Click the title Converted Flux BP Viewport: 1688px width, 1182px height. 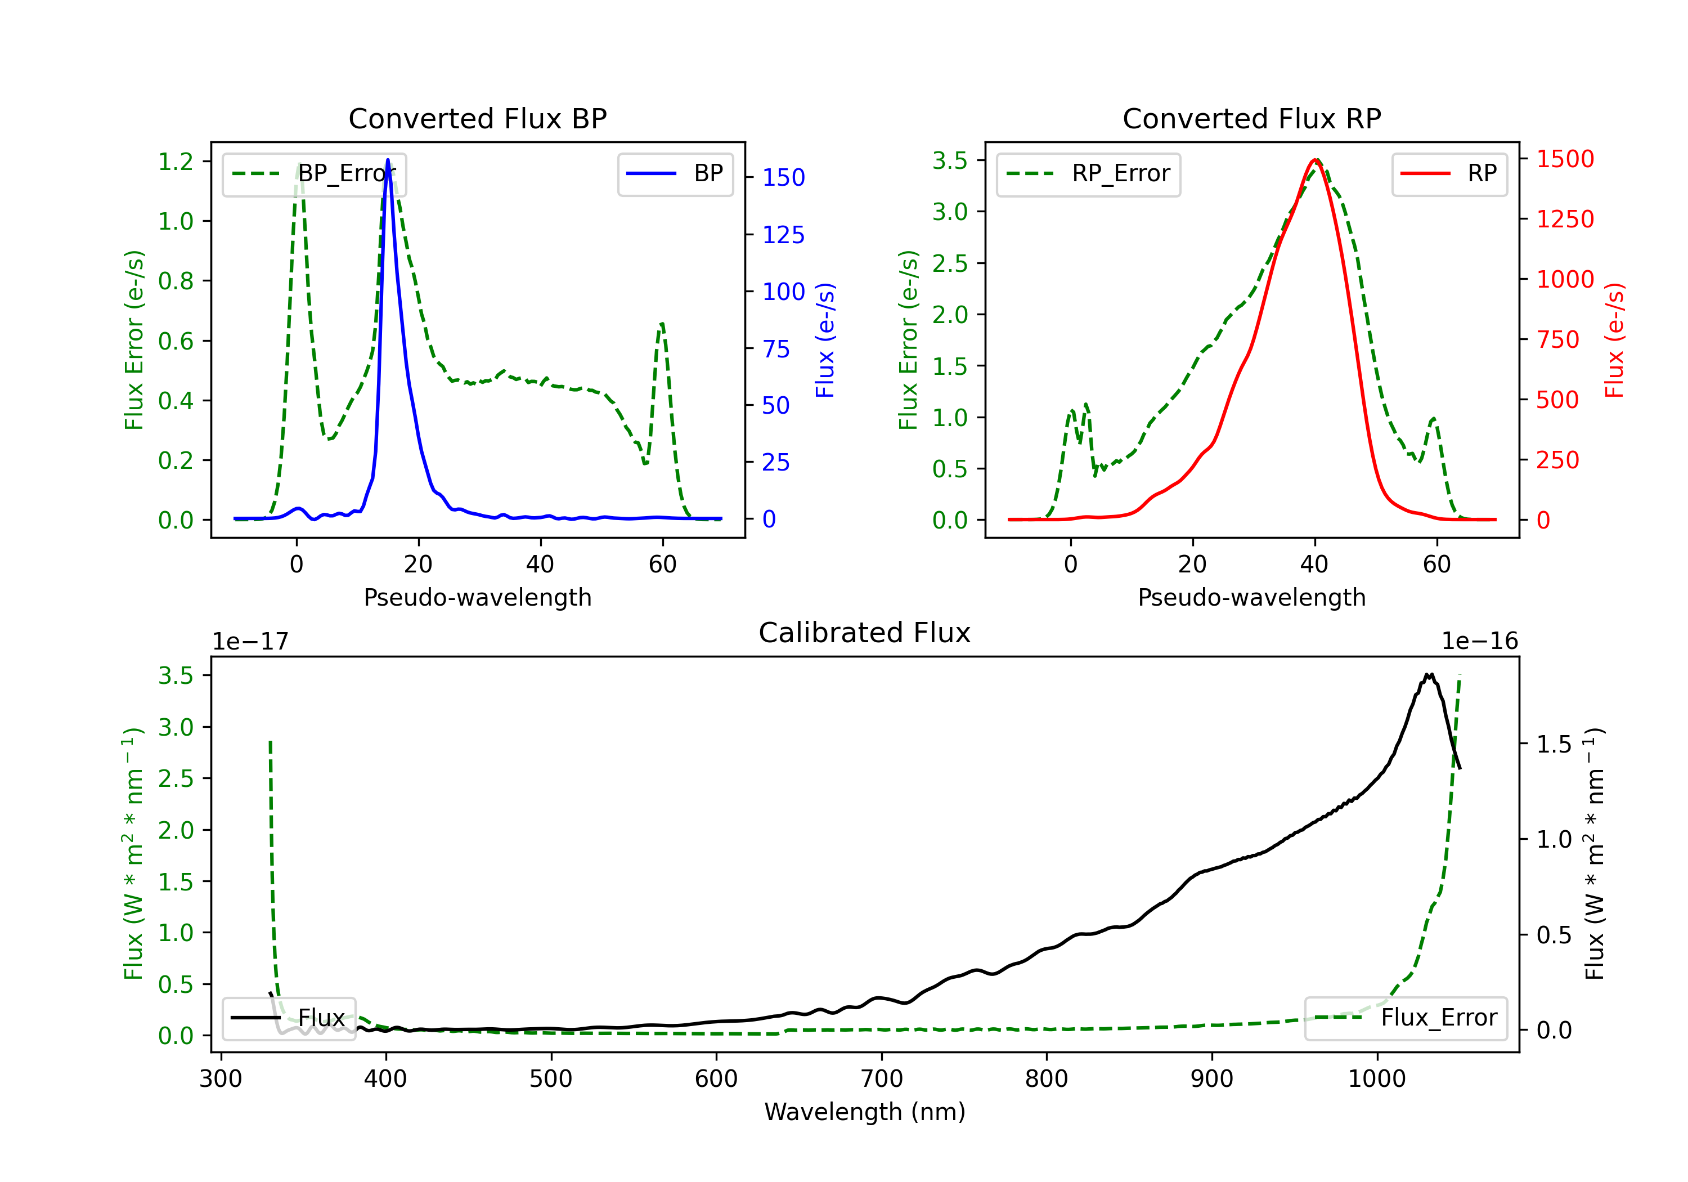[477, 118]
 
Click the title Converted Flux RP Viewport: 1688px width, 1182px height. [1251, 118]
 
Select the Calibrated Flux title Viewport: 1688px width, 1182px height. [865, 633]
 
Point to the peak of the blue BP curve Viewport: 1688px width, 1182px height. [388, 160]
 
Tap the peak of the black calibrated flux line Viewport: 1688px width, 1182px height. [1429, 674]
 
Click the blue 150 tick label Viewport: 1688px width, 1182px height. [784, 177]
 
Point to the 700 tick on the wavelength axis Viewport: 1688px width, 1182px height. [882, 1078]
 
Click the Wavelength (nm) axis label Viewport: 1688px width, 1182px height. [865, 1112]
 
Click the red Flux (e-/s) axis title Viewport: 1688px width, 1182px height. [1614, 340]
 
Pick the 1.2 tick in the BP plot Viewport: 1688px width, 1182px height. [176, 161]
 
